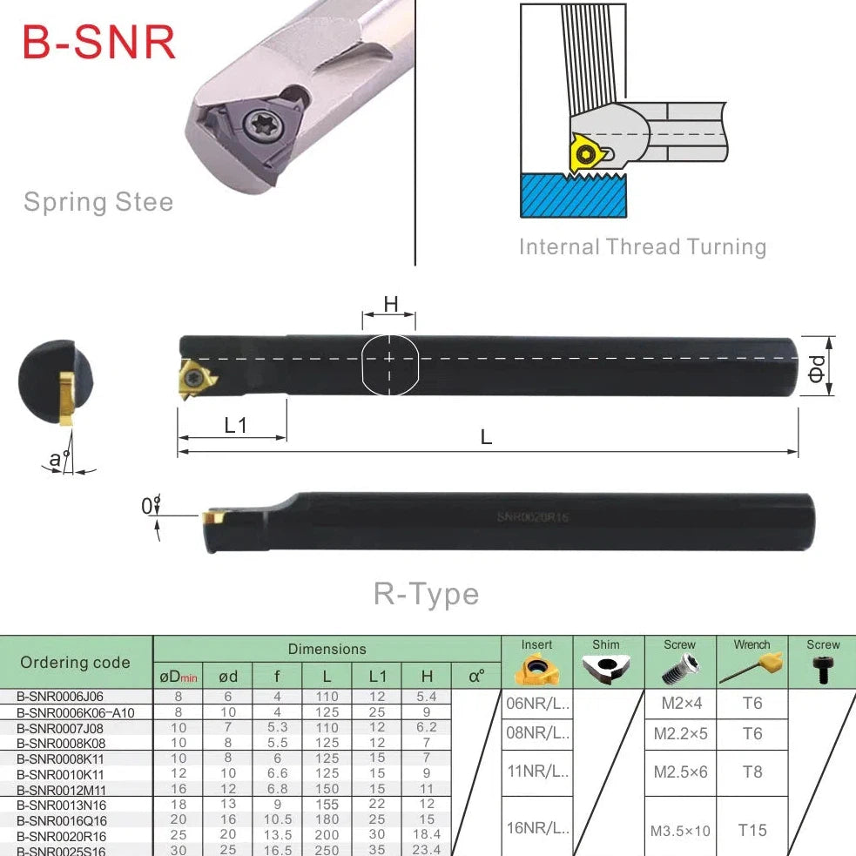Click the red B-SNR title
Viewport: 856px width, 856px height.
pyautogui.click(x=98, y=42)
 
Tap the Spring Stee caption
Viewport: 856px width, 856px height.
pyautogui.click(x=98, y=202)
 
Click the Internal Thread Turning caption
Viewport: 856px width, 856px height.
pyautogui.click(x=643, y=246)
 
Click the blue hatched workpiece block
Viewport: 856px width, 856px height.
pyautogui.click(x=573, y=196)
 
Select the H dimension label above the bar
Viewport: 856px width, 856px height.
pyautogui.click(x=391, y=304)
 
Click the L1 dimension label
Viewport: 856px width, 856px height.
pyautogui.click(x=235, y=426)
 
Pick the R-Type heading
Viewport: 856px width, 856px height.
pyautogui.click(x=427, y=594)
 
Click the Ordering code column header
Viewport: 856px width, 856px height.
pyautogui.click(x=75, y=662)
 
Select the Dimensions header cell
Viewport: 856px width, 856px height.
pyautogui.click(x=327, y=649)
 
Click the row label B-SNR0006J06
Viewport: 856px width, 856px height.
pyautogui.click(x=61, y=697)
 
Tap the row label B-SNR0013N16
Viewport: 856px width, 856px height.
pyautogui.click(x=62, y=805)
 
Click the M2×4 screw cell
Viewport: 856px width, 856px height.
pyautogui.click(x=680, y=703)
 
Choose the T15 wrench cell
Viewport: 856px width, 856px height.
pyautogui.click(x=752, y=830)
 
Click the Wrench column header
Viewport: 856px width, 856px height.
pyautogui.click(x=752, y=645)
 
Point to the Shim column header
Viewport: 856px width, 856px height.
pyautogui.click(x=606, y=645)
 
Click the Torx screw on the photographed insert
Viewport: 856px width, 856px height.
pyautogui.click(x=260, y=126)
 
